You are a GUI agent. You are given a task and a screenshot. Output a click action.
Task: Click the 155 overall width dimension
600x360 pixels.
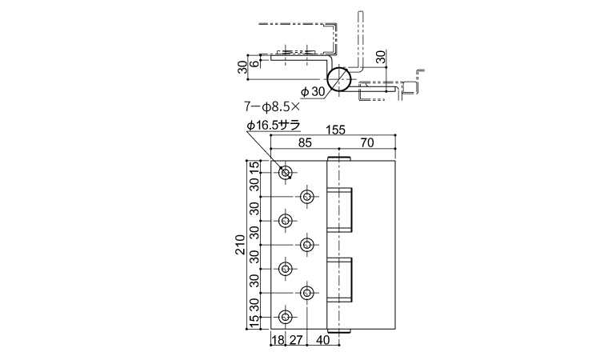coord(335,130)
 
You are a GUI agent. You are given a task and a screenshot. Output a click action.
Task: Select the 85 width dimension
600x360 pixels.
coord(305,142)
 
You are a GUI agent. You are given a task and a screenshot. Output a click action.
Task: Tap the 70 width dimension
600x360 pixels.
coord(367,142)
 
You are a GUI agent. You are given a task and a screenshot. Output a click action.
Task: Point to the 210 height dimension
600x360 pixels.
coord(240,245)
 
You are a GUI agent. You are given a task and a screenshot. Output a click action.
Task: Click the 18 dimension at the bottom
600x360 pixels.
coord(278,340)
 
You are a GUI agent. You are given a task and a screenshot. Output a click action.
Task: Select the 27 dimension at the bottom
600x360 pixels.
coord(296,340)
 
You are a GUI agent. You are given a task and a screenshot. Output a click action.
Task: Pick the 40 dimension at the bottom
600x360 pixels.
coord(322,340)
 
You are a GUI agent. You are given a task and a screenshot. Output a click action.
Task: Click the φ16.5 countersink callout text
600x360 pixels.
coord(274,125)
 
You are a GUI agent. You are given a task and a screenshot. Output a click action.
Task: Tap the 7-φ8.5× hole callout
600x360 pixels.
coord(272,106)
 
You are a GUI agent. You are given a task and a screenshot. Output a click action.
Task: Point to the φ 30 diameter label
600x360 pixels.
coord(313,92)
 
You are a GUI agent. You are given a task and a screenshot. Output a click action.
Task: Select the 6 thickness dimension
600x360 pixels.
coord(254,63)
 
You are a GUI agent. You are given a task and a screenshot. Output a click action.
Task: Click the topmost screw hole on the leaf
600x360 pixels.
coord(285,173)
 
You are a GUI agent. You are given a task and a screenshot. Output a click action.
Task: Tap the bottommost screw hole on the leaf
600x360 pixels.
coord(285,317)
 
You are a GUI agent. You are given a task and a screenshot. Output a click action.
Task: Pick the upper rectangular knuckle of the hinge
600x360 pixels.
coord(339,210)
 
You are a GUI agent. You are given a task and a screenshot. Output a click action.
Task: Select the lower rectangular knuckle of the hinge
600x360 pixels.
coord(339,280)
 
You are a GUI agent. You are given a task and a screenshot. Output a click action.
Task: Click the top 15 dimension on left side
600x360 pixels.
coord(254,167)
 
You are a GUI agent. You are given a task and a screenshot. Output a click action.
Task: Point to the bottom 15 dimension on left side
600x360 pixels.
coord(254,322)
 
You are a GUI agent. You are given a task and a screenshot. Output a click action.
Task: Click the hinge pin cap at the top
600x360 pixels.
coord(339,158)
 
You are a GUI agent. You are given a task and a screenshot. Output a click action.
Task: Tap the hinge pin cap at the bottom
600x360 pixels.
coord(339,331)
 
